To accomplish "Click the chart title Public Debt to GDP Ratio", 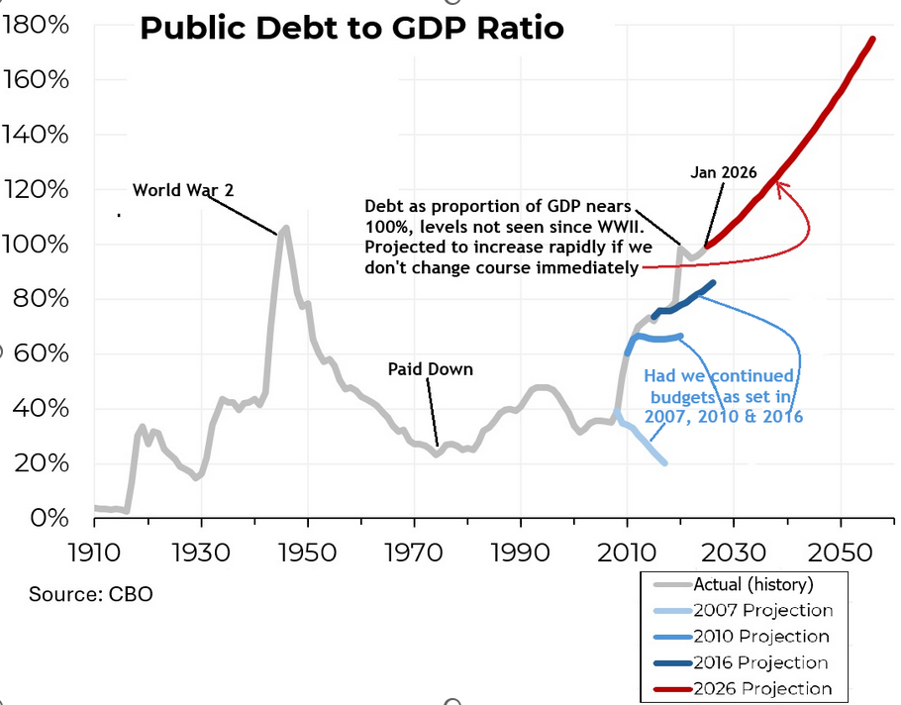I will click(x=351, y=28).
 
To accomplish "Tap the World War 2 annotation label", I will click(x=183, y=189).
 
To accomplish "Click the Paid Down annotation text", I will click(x=430, y=369).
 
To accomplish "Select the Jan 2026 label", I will click(x=724, y=172).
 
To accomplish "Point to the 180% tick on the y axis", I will click(x=36, y=26).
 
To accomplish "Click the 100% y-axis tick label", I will click(x=36, y=245).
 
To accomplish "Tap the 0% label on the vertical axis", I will click(x=47, y=518).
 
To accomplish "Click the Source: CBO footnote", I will click(x=91, y=594).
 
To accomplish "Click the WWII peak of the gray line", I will click(x=286, y=228).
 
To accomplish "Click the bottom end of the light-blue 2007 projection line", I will click(x=664, y=462).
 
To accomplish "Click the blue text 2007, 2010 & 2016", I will click(x=723, y=417).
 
